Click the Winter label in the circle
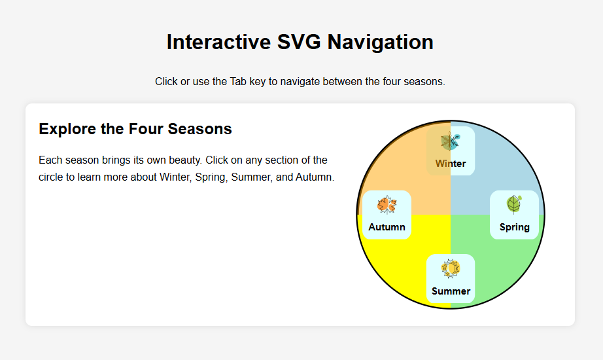[x=451, y=164]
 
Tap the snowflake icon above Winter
[x=450, y=141]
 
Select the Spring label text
[x=514, y=227]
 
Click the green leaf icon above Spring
[x=514, y=205]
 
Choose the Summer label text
[x=451, y=291]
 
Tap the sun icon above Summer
[x=451, y=268]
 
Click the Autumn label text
[x=387, y=227]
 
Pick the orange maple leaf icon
[x=387, y=205]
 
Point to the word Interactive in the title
[x=215, y=42]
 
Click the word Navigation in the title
[x=380, y=42]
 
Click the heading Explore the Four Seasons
[x=135, y=129]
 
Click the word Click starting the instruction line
[x=167, y=82]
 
